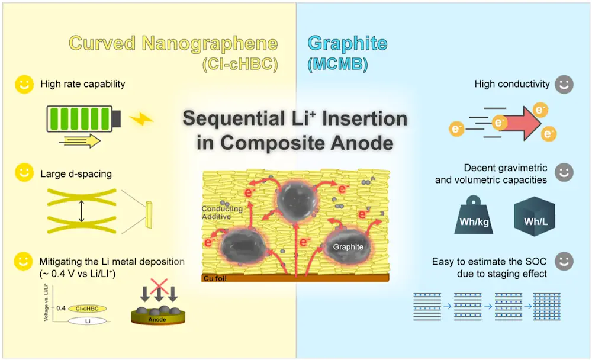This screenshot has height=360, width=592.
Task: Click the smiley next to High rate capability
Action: [23, 84]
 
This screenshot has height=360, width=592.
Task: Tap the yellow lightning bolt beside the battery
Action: [141, 119]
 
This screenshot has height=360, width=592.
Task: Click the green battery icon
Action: [83, 118]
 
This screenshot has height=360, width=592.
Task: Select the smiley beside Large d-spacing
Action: [23, 174]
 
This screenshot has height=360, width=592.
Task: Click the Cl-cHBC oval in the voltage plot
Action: [87, 308]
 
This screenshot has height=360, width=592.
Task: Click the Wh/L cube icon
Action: [534, 218]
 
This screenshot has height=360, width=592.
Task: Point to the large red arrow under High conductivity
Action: [521, 122]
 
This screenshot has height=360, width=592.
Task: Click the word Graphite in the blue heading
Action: [348, 43]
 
